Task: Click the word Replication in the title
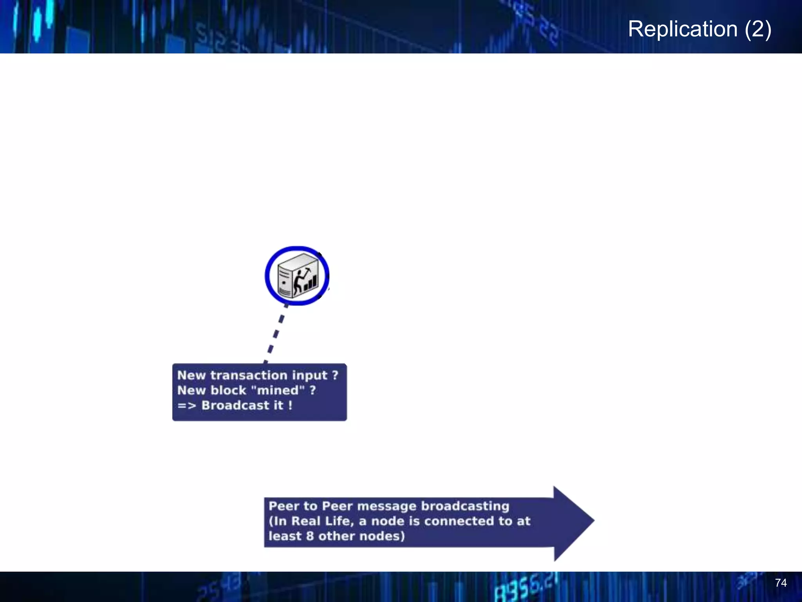[683, 29]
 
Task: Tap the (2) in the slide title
[758, 29]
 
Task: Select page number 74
[780, 583]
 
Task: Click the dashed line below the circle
[276, 333]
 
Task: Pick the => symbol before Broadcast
[186, 406]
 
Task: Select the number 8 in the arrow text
[310, 536]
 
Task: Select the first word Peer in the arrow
[284, 506]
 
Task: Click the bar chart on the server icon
[311, 283]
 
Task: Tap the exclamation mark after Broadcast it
[290, 405]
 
